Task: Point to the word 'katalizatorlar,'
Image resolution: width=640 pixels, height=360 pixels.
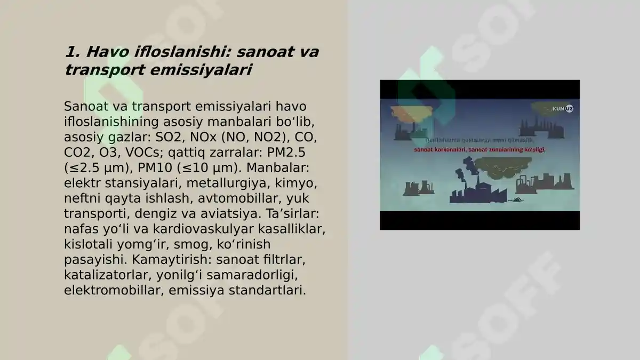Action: (x=108, y=276)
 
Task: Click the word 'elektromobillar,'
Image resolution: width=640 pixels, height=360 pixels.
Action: (x=106, y=291)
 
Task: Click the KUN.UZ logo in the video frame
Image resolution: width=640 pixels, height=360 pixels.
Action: (x=562, y=109)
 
